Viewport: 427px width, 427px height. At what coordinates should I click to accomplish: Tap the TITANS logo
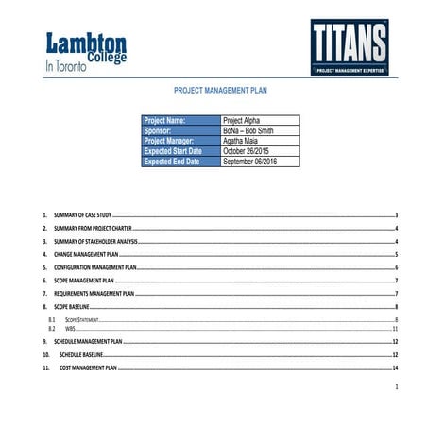point(350,48)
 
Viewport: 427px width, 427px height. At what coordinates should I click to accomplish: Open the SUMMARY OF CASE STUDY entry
point(83,215)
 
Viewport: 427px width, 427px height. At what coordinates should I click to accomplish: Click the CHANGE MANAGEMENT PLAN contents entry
point(86,254)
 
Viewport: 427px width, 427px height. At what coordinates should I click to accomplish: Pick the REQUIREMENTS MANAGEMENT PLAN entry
point(94,294)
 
